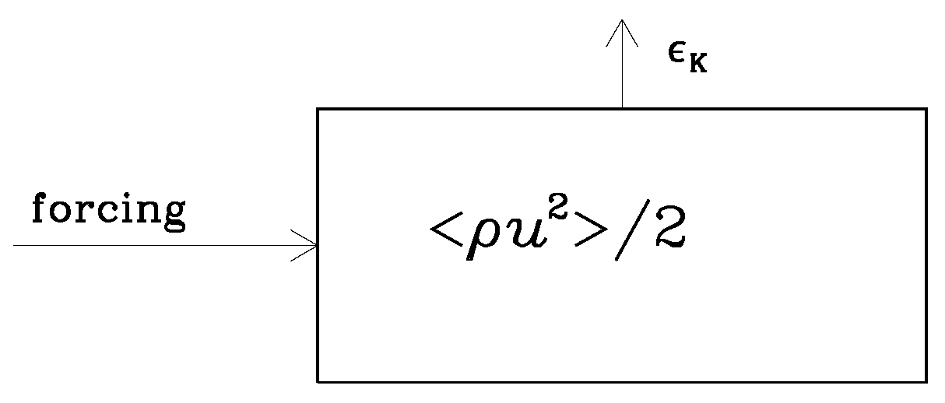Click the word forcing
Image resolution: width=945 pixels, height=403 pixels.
click(x=108, y=212)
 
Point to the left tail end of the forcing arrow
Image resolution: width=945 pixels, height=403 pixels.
click(x=15, y=246)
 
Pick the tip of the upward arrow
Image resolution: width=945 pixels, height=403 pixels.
click(x=622, y=20)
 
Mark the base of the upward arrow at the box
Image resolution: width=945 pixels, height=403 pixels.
click(x=622, y=108)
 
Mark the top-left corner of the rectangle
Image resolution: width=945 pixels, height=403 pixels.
click(x=318, y=109)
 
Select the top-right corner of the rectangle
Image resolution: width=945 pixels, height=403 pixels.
click(x=926, y=109)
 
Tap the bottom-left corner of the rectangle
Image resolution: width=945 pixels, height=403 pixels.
click(x=318, y=381)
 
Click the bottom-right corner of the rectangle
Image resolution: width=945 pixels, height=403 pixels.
click(x=926, y=381)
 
